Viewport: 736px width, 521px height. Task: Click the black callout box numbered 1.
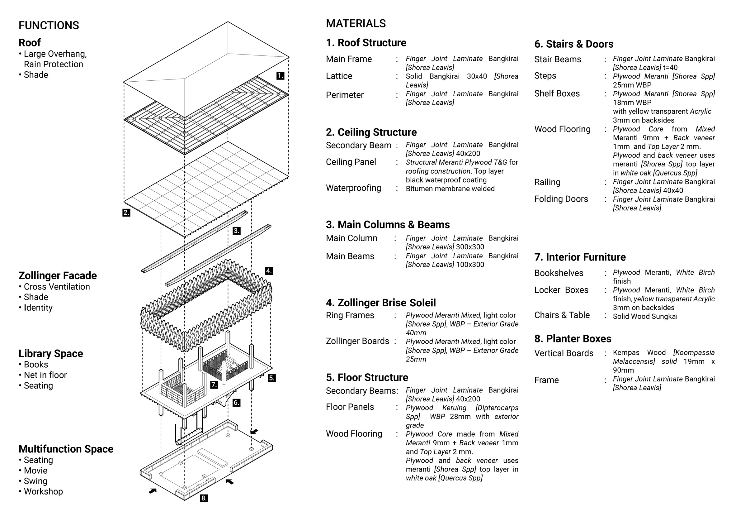point(280,76)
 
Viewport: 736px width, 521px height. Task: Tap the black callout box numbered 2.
point(126,213)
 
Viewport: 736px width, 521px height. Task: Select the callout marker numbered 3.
point(236,231)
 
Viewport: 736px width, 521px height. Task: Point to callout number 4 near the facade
point(269,271)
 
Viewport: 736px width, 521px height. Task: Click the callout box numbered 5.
point(271,378)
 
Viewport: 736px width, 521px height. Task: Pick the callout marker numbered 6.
point(236,403)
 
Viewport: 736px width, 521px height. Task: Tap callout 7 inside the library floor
point(214,385)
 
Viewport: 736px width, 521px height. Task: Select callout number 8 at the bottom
point(204,498)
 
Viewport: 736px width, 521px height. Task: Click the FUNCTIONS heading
point(49,25)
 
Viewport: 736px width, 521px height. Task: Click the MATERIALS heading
point(356,23)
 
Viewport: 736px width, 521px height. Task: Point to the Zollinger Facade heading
point(57,275)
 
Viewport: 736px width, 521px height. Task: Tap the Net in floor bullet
point(45,375)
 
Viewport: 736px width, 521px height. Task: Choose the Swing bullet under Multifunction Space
point(35,481)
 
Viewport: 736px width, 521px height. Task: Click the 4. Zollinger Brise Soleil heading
point(381,303)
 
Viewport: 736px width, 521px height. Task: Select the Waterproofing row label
point(353,188)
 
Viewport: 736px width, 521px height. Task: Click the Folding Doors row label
point(561,199)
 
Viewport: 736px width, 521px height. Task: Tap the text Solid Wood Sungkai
point(645,316)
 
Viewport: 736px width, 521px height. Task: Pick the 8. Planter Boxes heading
point(573,339)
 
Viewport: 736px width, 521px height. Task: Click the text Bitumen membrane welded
point(450,189)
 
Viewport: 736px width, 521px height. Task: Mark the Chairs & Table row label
point(562,315)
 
